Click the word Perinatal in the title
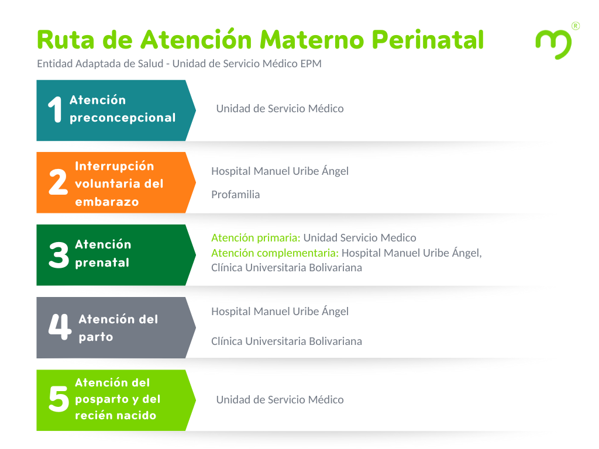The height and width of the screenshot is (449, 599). tap(428, 40)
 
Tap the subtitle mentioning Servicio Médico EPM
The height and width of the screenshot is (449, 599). tap(179, 64)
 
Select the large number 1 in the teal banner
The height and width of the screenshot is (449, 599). tap(55, 109)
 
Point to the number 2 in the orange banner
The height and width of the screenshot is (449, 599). tap(58, 182)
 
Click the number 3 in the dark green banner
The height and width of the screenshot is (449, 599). tap(59, 255)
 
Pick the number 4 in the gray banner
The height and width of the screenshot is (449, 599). tap(60, 327)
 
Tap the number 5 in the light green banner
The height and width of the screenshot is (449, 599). tap(59, 399)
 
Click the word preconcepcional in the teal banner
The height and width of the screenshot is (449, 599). tap(123, 118)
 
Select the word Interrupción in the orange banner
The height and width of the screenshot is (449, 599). tap(115, 166)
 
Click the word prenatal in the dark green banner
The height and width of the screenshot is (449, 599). tap(102, 263)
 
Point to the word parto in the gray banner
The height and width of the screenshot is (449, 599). tap(96, 337)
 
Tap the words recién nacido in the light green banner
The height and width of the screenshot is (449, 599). tap(116, 416)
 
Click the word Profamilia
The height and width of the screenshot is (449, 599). tap(235, 195)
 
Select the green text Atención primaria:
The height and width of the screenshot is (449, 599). tap(256, 238)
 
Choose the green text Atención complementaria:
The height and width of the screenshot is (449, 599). tap(275, 253)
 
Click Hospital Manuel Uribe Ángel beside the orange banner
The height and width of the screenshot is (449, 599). tap(280, 171)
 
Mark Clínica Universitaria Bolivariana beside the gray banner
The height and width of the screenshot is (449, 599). tap(287, 341)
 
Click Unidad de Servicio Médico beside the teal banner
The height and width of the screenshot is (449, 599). tap(280, 108)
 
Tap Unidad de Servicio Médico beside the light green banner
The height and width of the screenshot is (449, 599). tap(280, 399)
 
